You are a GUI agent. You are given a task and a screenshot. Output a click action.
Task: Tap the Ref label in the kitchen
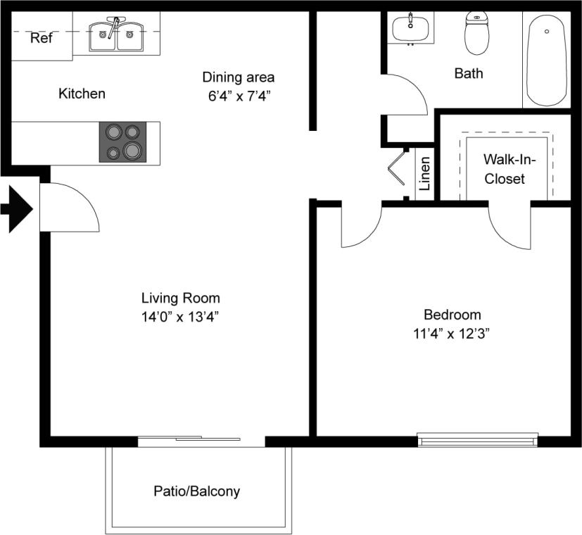click(x=41, y=38)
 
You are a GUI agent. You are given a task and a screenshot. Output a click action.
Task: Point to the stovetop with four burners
click(x=122, y=141)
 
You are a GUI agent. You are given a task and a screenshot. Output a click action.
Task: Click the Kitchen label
click(x=82, y=94)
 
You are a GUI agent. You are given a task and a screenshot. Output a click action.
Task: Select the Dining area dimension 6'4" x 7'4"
click(x=239, y=96)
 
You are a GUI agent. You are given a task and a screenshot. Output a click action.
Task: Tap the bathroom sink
click(x=410, y=28)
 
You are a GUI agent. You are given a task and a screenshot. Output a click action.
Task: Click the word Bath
click(x=469, y=73)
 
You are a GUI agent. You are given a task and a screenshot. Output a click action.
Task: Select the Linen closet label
click(x=425, y=174)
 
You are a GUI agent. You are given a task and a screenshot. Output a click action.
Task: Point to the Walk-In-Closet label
click(x=505, y=170)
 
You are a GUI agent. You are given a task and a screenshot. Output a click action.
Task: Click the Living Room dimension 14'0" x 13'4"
click(x=181, y=317)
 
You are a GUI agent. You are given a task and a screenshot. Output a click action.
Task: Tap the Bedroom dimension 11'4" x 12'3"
click(x=452, y=334)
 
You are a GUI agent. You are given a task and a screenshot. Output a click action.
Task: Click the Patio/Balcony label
click(x=196, y=491)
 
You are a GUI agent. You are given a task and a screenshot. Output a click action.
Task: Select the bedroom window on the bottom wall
click(x=477, y=440)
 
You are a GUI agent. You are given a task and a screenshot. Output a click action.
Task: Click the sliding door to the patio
click(x=201, y=441)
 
